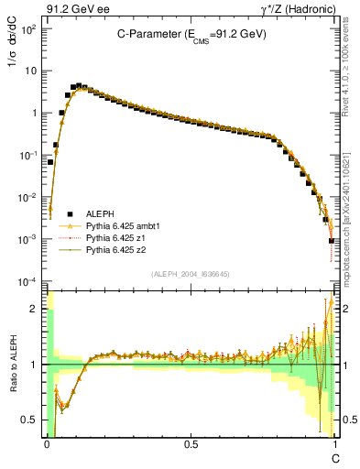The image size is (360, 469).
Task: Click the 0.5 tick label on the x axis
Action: (x=191, y=444)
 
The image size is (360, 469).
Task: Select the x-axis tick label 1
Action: (x=334, y=444)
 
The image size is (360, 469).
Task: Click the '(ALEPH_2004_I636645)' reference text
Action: (x=191, y=274)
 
